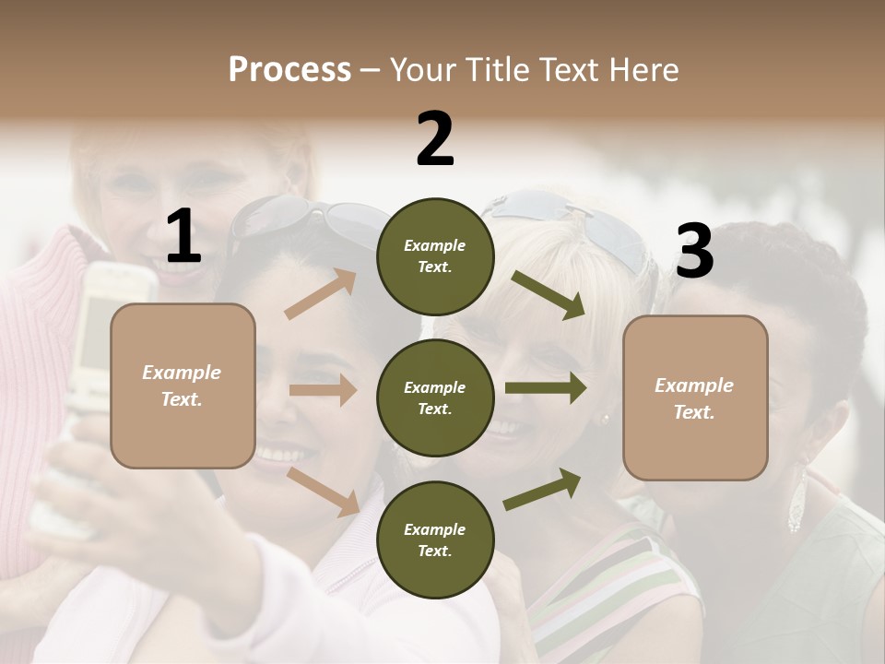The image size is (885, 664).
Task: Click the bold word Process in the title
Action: coord(289,70)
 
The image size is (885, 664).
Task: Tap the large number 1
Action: coord(183,237)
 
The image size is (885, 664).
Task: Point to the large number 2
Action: coord(435,139)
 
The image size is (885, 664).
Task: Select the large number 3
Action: coord(694,251)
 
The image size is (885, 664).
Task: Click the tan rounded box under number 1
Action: coord(183,385)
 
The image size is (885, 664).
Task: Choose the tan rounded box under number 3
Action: coord(695,398)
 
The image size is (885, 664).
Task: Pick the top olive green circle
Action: coord(435,256)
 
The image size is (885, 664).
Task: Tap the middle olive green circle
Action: coord(435,397)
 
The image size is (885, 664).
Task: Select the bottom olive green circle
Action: coord(435,539)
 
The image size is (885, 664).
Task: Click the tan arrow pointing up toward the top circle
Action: coord(321,294)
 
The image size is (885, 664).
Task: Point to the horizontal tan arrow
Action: coord(323,391)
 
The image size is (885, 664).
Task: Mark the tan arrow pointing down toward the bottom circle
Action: coord(323,492)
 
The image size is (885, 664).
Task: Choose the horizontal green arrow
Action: coord(546,388)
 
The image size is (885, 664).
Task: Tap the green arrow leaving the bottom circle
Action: coord(542,490)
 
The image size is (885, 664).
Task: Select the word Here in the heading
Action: coord(645,70)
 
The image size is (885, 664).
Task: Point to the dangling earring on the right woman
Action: coord(796,503)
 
